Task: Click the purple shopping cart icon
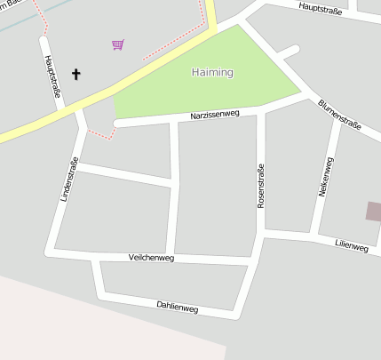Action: point(117,44)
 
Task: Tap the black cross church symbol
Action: point(75,74)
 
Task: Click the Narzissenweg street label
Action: point(215,116)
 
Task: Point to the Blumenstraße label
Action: point(339,115)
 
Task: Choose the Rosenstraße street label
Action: point(260,186)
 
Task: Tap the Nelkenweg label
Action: point(325,176)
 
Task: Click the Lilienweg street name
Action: point(352,245)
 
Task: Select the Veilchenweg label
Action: point(151,258)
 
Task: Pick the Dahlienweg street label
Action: point(177,308)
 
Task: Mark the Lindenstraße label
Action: point(69,179)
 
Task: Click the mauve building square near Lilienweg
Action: point(373,212)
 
